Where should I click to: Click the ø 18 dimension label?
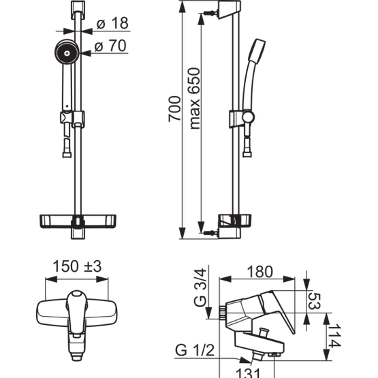[x=112, y=23]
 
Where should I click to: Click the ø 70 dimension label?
[x=110, y=46]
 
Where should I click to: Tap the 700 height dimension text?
[x=174, y=109]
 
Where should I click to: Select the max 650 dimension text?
[x=194, y=99]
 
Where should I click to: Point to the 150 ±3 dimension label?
[x=77, y=266]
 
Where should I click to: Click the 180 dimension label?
[x=260, y=272]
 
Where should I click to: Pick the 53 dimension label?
[x=315, y=300]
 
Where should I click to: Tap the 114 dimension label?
[x=334, y=336]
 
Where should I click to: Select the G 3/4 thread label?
[x=200, y=287]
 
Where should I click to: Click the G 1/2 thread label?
[x=195, y=350]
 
